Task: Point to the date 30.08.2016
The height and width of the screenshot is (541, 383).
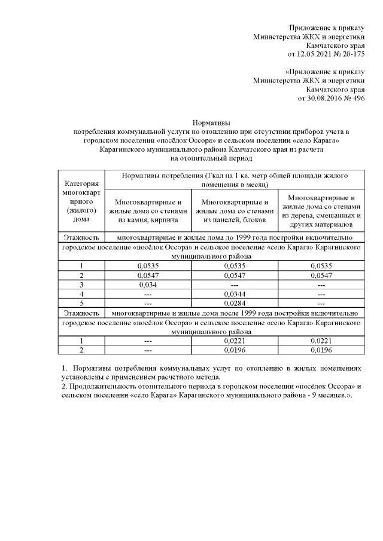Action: coord(323,97)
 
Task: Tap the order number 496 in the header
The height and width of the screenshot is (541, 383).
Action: coord(357,97)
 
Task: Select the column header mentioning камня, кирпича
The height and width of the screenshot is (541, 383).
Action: coord(148,212)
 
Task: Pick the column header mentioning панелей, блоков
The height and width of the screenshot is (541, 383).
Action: coord(235,212)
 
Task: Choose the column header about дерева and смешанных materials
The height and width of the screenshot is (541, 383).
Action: coord(321,212)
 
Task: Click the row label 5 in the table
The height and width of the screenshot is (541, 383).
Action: coord(81,303)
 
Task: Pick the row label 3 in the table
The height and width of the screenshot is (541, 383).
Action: coord(81,285)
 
